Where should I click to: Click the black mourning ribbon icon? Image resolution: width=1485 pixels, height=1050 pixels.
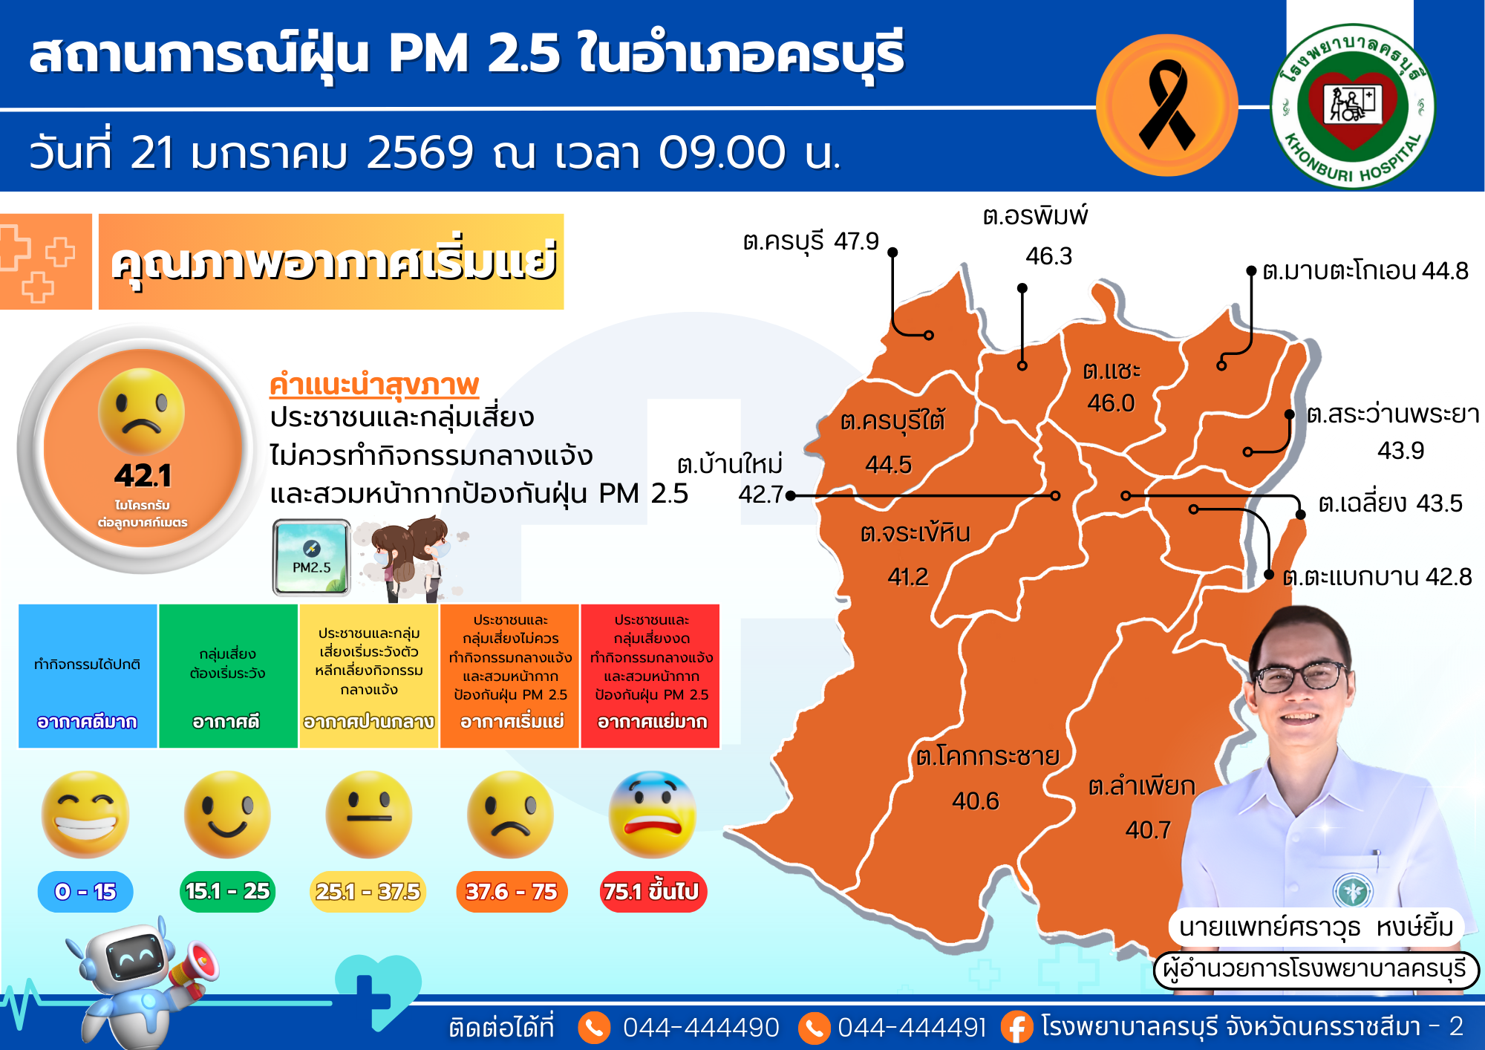pyautogui.click(x=1166, y=105)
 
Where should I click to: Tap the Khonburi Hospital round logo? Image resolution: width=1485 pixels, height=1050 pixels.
pyautogui.click(x=1353, y=106)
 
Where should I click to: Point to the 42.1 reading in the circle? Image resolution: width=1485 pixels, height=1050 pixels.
pyautogui.click(x=143, y=476)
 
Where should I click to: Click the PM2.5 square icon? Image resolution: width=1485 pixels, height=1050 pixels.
pyautogui.click(x=312, y=557)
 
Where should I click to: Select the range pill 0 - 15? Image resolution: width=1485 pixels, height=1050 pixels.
pyautogui.click(x=85, y=891)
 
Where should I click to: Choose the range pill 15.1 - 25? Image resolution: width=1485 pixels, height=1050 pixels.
pyautogui.click(x=227, y=891)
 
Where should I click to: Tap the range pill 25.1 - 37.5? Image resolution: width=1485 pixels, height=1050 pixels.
pyautogui.click(x=368, y=891)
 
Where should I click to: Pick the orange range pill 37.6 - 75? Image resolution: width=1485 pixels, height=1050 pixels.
pyautogui.click(x=511, y=891)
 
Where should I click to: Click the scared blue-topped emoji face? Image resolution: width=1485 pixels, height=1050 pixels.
pyautogui.click(x=652, y=815)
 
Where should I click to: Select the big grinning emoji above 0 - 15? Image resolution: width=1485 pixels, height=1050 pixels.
pyautogui.click(x=85, y=815)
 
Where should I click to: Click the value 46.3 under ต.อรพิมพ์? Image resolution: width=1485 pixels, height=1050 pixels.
pyautogui.click(x=1048, y=256)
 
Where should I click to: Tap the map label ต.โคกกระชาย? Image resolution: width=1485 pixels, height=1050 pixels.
pyautogui.click(x=987, y=757)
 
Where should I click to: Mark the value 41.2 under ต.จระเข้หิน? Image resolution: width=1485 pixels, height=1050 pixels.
pyautogui.click(x=908, y=577)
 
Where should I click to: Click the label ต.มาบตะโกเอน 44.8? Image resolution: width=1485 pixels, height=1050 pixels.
pyautogui.click(x=1365, y=271)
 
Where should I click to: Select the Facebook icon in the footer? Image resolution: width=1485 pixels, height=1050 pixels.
pyautogui.click(x=1016, y=1027)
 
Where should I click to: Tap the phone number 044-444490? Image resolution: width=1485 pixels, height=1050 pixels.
pyautogui.click(x=701, y=1028)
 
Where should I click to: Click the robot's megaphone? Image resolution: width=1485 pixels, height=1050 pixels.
pyautogui.click(x=195, y=965)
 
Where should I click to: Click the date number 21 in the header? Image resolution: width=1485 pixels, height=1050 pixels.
pyautogui.click(x=152, y=153)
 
